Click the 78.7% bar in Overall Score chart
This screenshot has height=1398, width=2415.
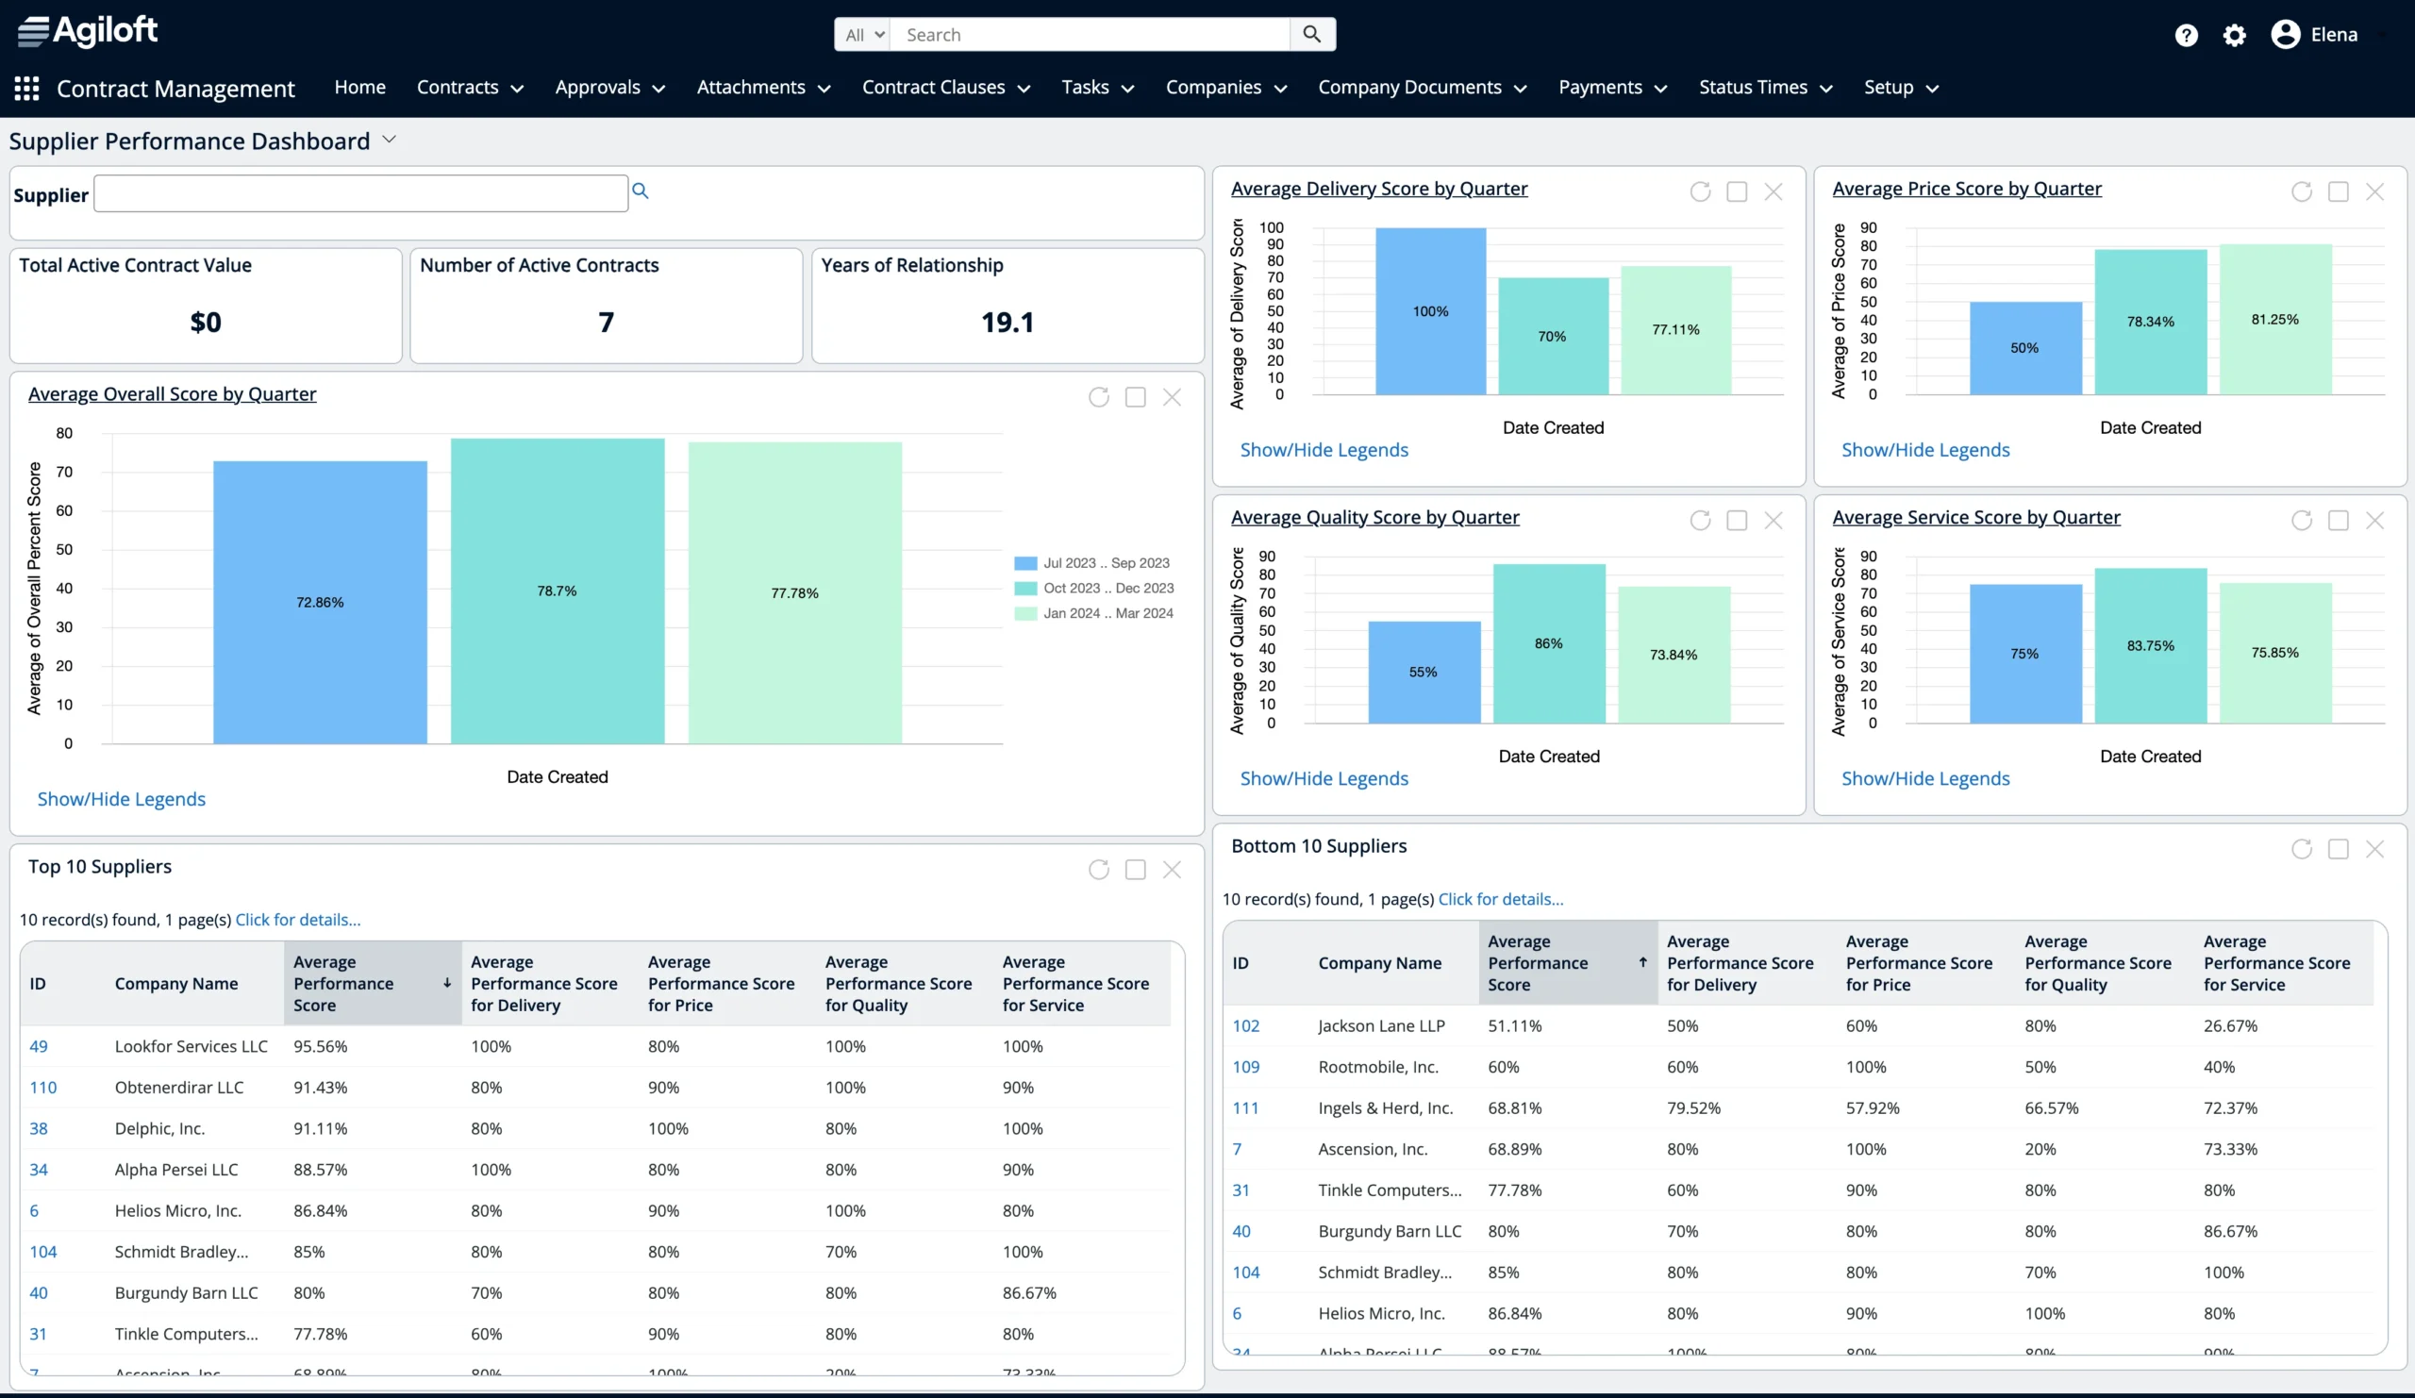(x=557, y=591)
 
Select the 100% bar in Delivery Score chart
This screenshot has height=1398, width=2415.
(x=1430, y=311)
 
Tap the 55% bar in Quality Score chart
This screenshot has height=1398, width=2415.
(x=1424, y=672)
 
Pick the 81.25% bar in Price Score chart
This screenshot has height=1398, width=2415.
(x=2274, y=319)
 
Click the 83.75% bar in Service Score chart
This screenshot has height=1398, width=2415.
(x=2150, y=645)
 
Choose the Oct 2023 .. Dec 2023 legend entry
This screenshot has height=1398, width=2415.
(x=1107, y=588)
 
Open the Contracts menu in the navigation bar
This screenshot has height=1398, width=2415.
(x=470, y=87)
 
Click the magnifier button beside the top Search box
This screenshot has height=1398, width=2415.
(x=1311, y=35)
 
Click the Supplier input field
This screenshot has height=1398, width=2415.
(x=360, y=193)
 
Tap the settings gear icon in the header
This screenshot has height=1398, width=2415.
(x=2234, y=36)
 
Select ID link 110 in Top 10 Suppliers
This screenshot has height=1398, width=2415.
(x=43, y=1087)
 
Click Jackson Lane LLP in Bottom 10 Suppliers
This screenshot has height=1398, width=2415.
(x=1380, y=1025)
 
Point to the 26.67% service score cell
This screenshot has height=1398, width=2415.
(x=2229, y=1025)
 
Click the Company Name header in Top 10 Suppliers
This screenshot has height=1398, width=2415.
(x=176, y=983)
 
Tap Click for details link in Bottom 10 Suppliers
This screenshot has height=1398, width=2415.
(x=1500, y=899)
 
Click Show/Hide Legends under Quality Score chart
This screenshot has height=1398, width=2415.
(x=1324, y=778)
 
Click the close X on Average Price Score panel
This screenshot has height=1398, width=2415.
(x=2373, y=191)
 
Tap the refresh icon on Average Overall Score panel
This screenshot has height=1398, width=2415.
(x=1098, y=397)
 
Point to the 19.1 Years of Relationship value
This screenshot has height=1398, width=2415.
(x=1007, y=322)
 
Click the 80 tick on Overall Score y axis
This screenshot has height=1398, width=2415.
(x=64, y=433)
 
